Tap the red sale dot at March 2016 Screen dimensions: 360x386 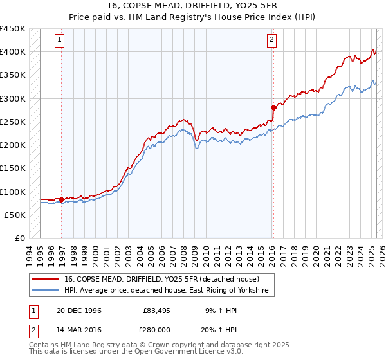tap(273, 107)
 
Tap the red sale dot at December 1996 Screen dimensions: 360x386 tap(62, 199)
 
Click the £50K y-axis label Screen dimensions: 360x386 tap(15, 215)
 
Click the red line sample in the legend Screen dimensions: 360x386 tap(45, 280)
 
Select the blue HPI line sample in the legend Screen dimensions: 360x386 tap(45, 291)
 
